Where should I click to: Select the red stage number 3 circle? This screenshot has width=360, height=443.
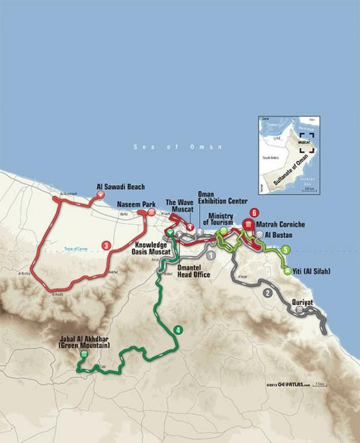coord(106,245)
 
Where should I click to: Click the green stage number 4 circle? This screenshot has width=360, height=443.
coord(178,329)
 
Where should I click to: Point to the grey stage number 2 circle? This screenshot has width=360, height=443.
coord(267,293)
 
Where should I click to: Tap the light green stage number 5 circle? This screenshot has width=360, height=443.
coord(285,249)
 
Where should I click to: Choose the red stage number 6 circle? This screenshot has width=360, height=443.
coord(253,213)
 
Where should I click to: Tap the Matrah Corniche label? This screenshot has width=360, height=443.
coord(279,225)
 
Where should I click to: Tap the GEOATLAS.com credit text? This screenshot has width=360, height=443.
coord(288,384)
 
